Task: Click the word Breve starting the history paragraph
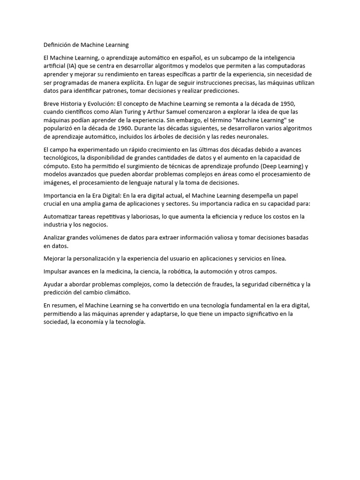click(52, 103)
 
